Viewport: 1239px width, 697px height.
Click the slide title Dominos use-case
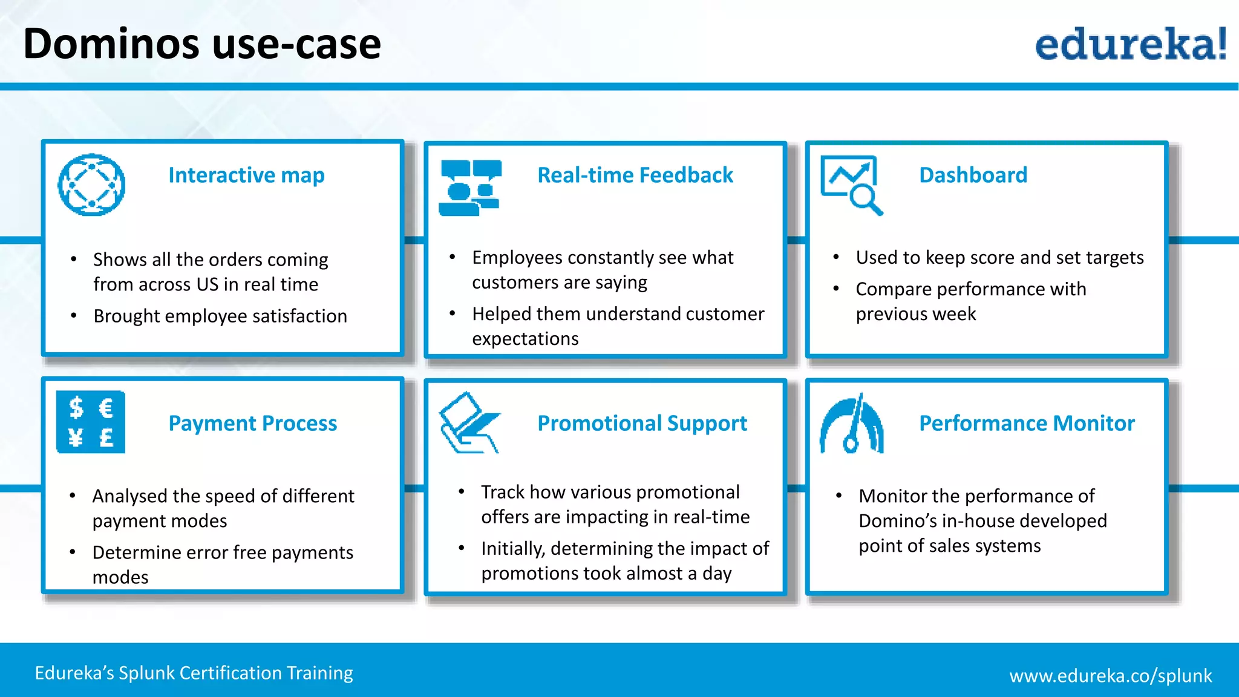pos(202,44)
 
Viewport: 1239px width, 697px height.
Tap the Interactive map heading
pos(246,175)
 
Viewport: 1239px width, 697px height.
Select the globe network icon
pos(91,185)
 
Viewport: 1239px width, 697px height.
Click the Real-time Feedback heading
pos(635,175)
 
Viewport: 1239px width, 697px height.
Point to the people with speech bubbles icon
pos(470,188)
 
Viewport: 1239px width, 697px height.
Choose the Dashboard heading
pos(973,175)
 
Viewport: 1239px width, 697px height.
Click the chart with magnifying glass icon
pos(851,185)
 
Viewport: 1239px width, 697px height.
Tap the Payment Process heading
pos(252,423)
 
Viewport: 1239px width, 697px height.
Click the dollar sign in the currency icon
pos(76,408)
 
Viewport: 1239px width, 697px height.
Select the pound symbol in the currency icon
pos(106,437)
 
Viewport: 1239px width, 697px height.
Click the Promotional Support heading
pos(642,423)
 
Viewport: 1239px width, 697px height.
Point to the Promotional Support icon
pos(469,423)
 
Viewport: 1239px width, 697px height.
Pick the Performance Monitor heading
pos(1027,423)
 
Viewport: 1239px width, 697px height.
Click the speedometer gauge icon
pos(851,424)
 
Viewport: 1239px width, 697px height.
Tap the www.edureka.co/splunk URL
pos(1110,675)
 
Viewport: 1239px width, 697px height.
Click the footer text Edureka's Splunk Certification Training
pos(194,673)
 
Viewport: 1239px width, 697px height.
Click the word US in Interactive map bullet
pos(206,284)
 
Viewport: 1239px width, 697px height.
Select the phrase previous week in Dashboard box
pos(915,314)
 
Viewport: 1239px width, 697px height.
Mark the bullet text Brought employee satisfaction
pos(220,316)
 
